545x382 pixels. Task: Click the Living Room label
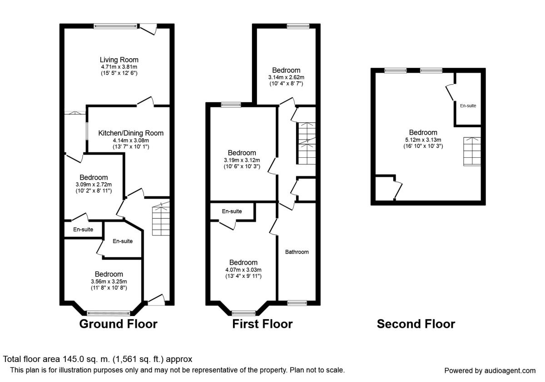point(119,60)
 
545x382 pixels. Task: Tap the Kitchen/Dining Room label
point(131,133)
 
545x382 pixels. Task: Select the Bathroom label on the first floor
point(297,252)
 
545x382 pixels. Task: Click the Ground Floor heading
point(118,324)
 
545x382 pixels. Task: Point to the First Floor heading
point(263,324)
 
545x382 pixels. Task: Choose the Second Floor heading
point(416,324)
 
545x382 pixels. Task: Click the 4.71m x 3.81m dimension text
point(119,67)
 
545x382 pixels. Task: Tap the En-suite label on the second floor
point(468,106)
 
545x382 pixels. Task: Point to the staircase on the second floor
point(471,151)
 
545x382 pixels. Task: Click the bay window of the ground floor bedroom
point(109,313)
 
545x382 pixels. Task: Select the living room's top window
point(115,26)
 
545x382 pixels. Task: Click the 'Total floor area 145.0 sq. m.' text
point(98,359)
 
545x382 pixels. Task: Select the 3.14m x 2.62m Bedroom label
point(286,70)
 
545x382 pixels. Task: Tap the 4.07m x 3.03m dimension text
point(243,270)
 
